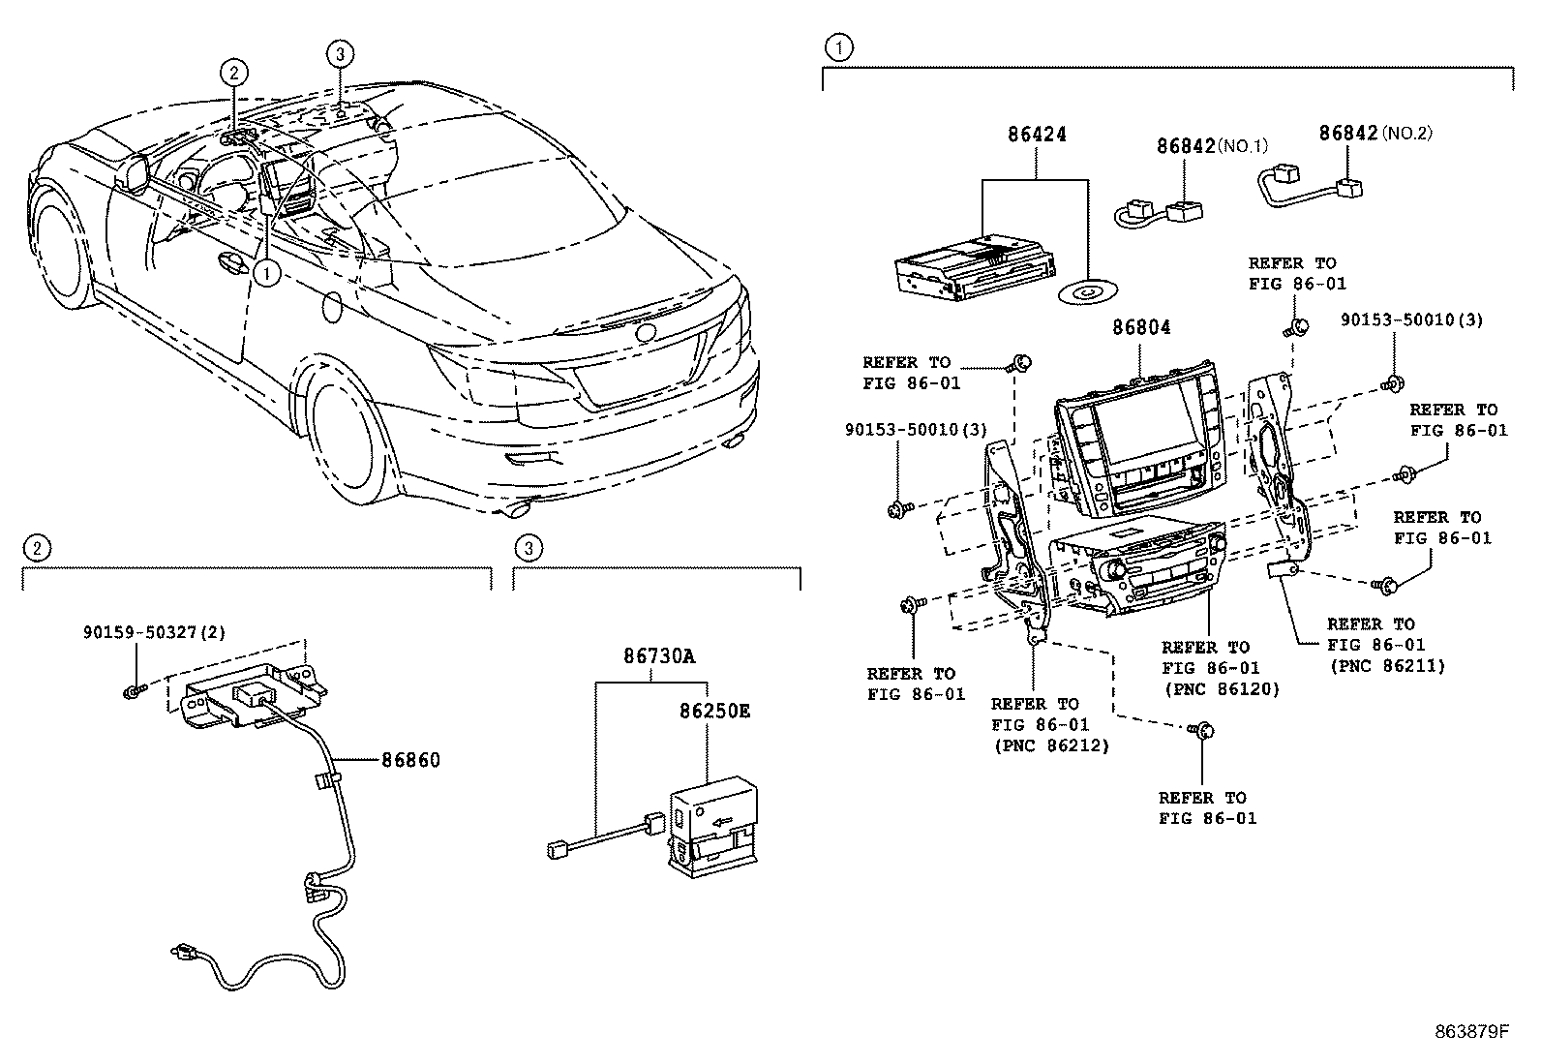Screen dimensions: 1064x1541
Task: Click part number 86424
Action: [1036, 136]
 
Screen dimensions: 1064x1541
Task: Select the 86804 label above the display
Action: [1140, 327]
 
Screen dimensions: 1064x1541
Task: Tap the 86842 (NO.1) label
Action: [1186, 146]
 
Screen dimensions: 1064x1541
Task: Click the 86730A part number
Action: [658, 656]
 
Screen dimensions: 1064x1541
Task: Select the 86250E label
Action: [713, 710]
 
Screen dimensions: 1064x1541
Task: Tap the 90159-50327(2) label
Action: [154, 632]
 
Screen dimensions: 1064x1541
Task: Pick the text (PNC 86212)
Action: [1050, 745]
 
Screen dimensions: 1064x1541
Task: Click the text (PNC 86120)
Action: [1221, 689]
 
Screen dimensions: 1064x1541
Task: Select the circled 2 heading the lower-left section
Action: [37, 549]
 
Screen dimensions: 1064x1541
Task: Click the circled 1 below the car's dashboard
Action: [266, 273]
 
